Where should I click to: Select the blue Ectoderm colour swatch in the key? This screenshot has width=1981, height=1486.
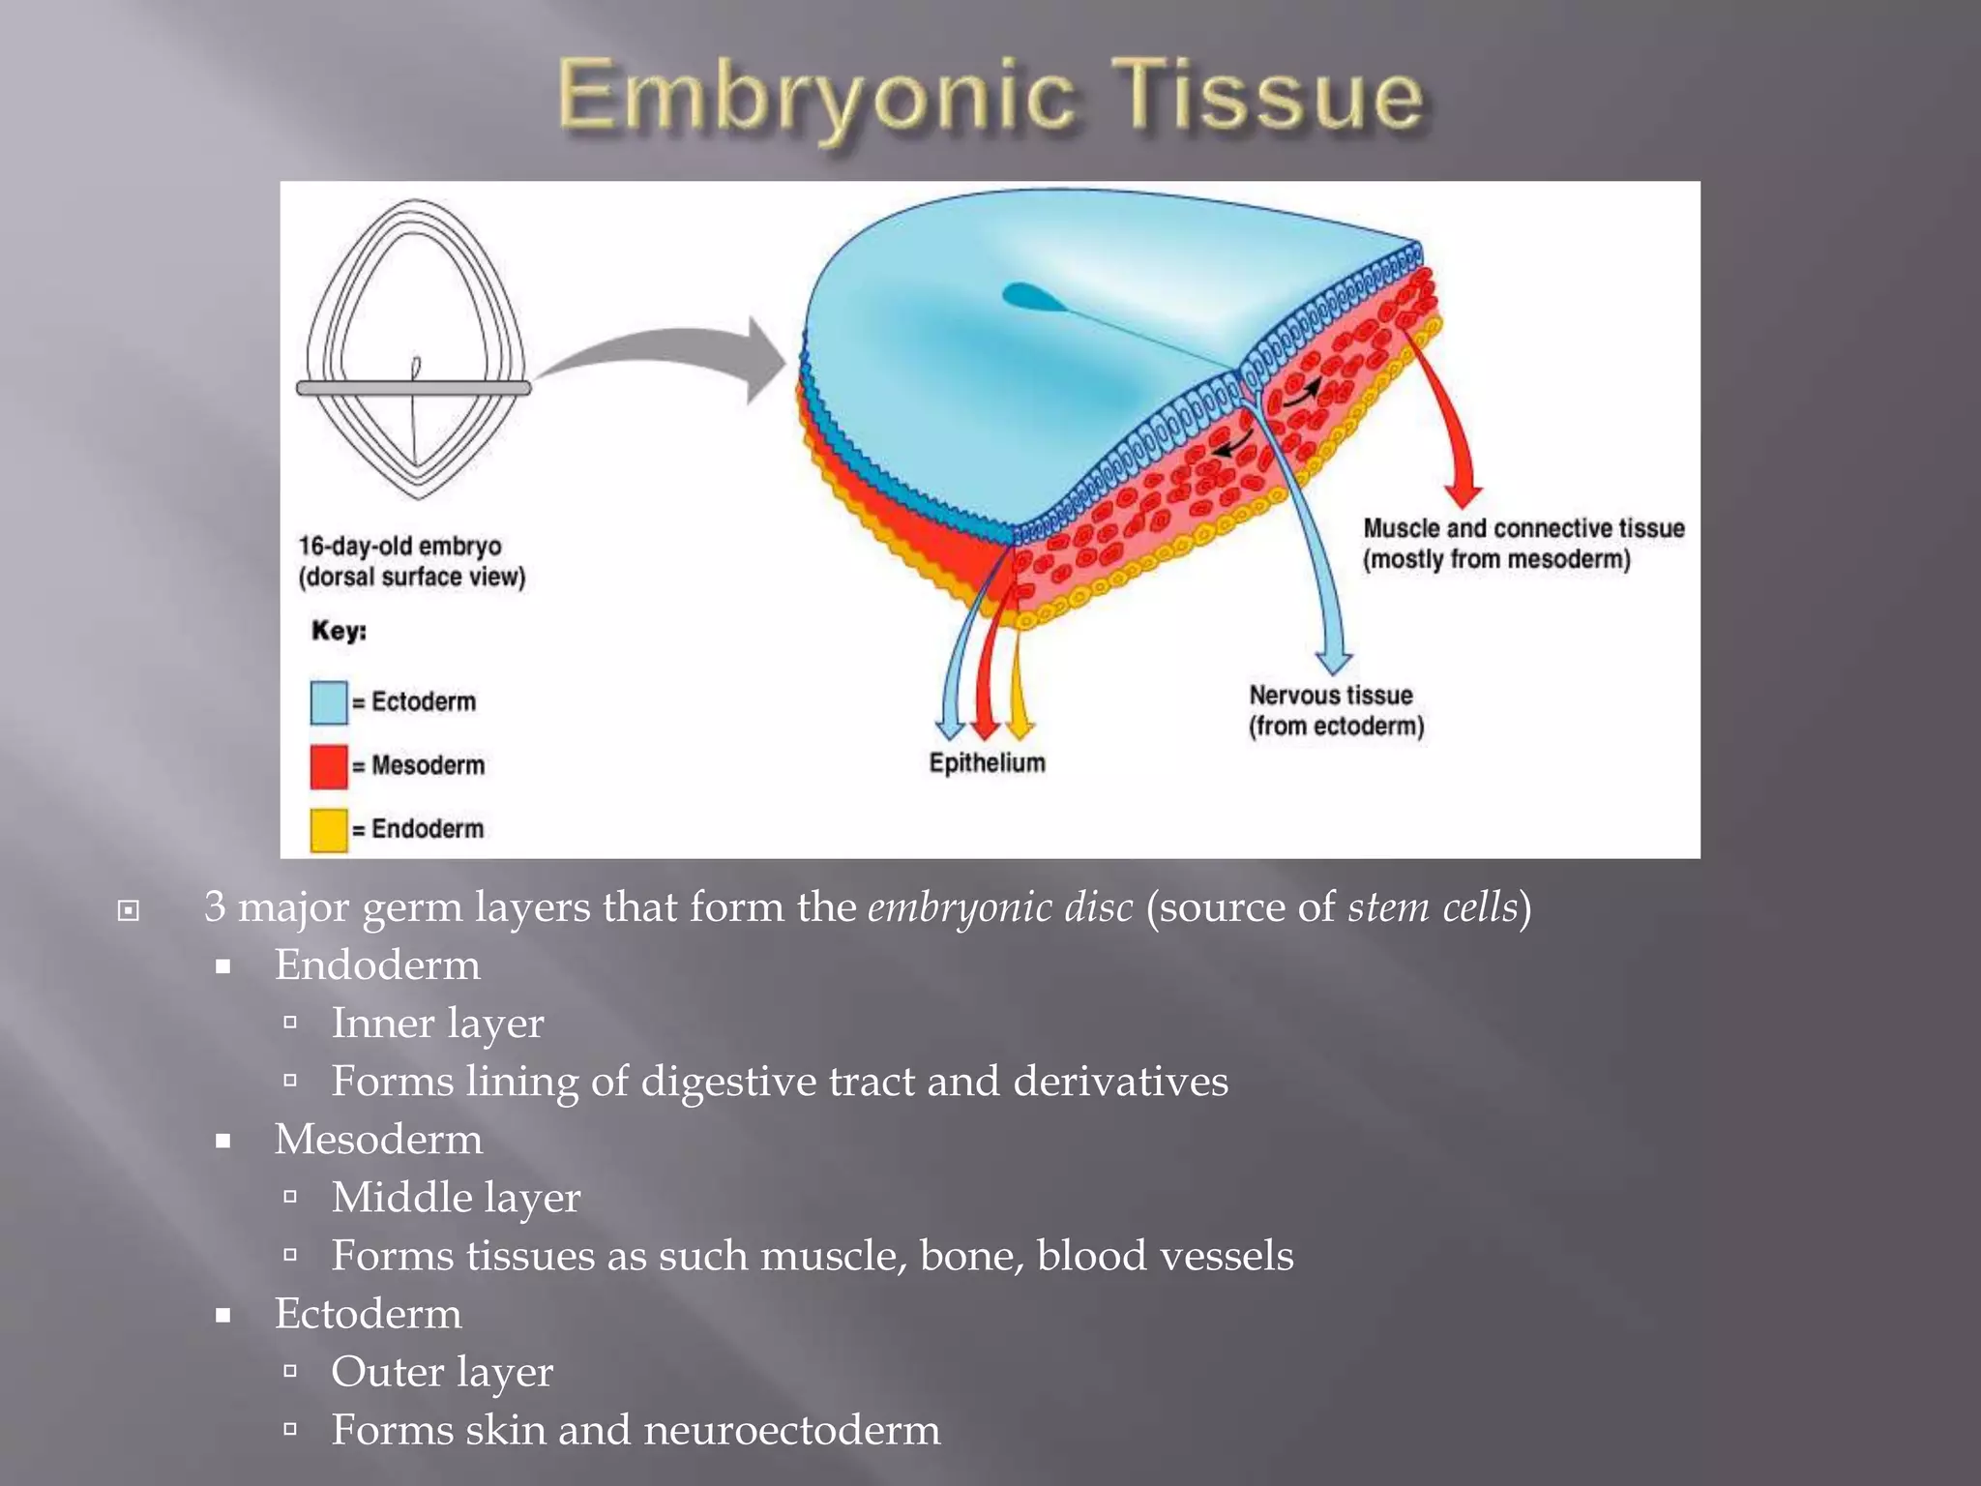point(328,702)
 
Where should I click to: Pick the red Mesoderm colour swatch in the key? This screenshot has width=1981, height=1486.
point(328,766)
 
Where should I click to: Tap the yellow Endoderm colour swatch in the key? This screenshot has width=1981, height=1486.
point(328,830)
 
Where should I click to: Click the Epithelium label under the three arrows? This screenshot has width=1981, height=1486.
point(987,763)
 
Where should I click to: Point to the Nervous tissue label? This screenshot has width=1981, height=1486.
point(1335,710)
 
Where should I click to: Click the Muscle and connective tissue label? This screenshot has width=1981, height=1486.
point(1523,544)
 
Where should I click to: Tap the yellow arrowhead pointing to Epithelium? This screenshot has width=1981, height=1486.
point(1019,728)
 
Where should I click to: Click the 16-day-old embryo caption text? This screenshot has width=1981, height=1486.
point(411,561)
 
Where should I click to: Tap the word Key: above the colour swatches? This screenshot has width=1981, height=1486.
point(339,631)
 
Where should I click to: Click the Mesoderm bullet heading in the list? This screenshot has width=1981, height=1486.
point(378,1140)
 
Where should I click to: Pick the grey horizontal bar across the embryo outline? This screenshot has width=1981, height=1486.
point(414,388)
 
